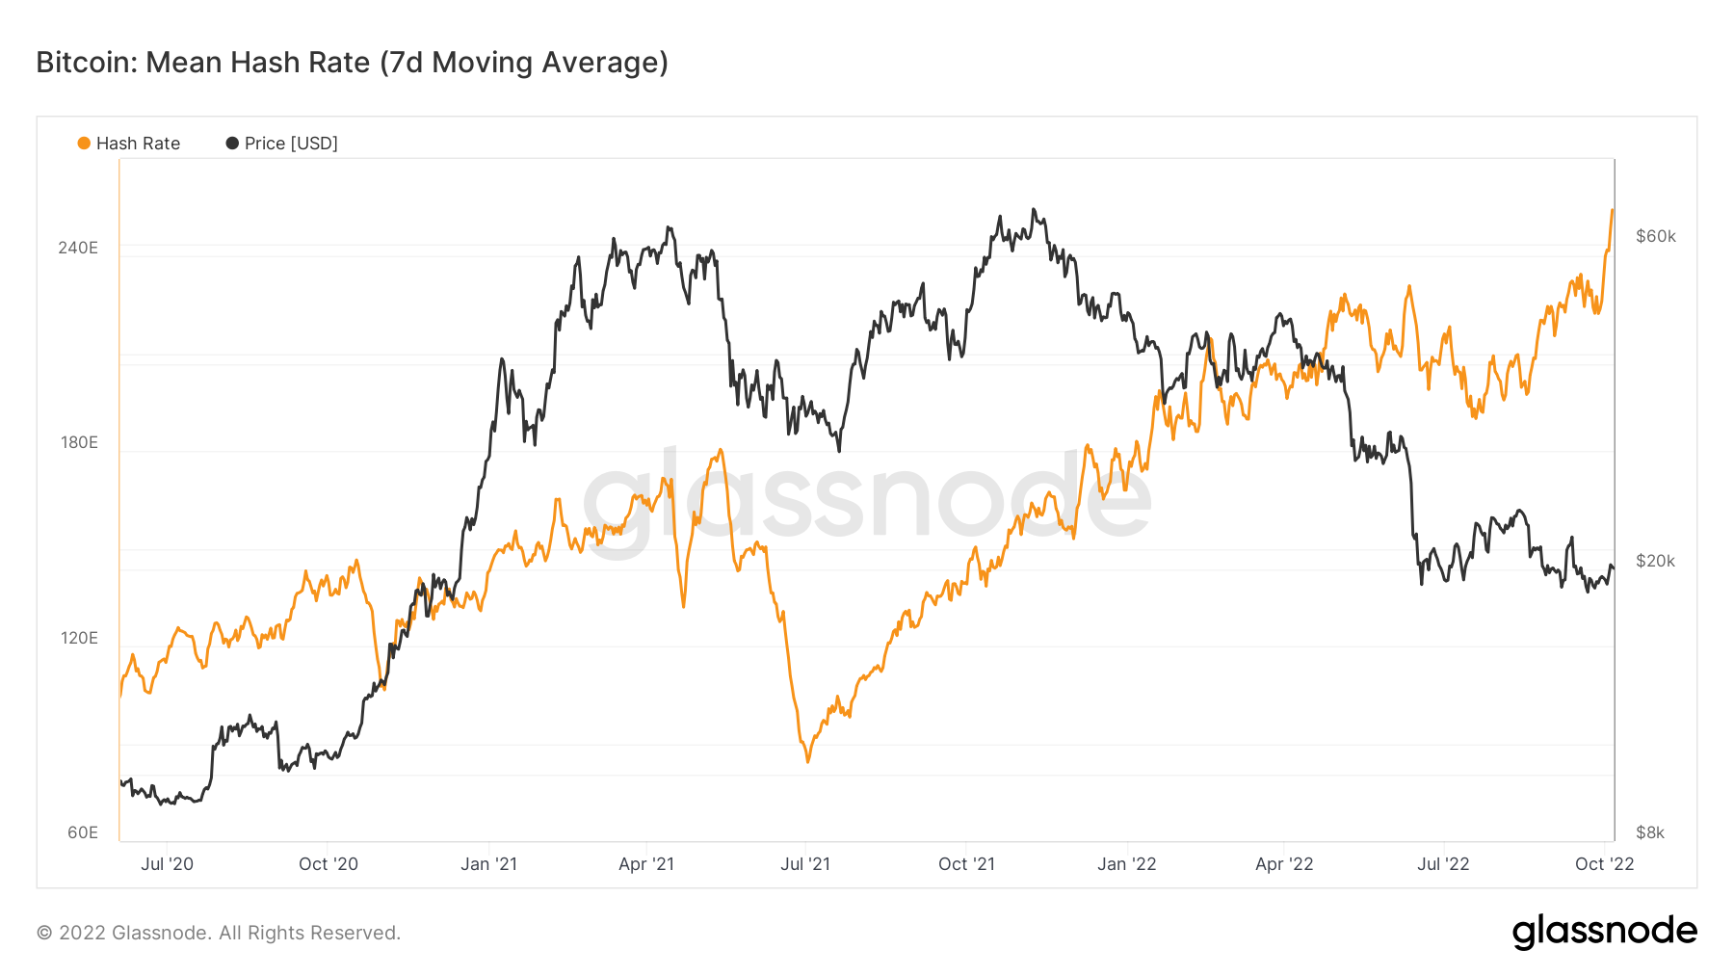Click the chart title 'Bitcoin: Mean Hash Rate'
352,63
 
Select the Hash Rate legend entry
129,144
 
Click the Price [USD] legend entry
282,144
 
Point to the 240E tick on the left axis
78,248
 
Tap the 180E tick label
79,442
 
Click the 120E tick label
79,638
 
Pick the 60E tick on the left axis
83,832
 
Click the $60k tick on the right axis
1655,236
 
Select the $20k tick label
1655,561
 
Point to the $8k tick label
1650,832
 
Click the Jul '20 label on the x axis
167,864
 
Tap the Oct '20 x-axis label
328,864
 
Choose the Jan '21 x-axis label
488,864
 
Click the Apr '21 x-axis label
646,864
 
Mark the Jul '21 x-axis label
805,864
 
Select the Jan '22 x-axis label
1126,864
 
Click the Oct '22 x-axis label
1604,864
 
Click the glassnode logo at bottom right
1604,932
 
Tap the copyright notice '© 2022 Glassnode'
219,933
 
